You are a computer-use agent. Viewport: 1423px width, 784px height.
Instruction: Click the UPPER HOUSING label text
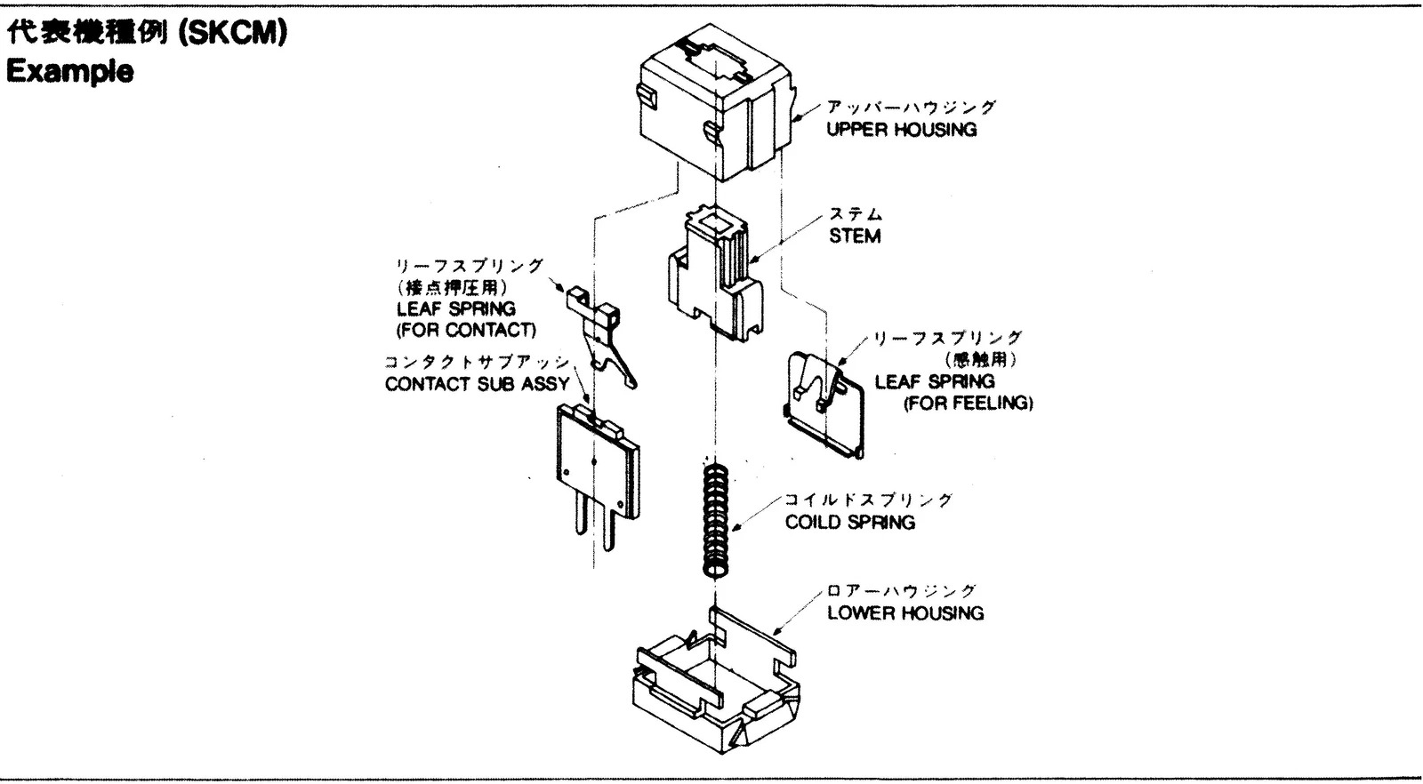901,130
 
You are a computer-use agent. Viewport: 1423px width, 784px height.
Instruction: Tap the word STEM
855,236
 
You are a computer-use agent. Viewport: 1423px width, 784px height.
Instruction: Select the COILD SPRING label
849,522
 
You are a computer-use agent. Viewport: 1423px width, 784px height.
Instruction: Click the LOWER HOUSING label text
904,613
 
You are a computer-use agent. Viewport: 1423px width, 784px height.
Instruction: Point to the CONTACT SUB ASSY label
477,385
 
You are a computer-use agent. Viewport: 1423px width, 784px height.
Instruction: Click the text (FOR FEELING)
968,404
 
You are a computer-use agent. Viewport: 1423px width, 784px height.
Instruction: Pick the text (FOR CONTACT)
466,331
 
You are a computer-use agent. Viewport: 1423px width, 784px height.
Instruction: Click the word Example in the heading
69,71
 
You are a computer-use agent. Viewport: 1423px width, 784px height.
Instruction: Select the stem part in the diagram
715,276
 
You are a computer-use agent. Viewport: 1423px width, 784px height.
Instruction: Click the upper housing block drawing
716,107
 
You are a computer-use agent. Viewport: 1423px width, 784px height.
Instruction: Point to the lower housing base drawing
716,693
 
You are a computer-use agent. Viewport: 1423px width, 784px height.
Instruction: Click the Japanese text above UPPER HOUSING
911,107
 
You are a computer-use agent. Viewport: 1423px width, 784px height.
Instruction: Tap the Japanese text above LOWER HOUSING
900,591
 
